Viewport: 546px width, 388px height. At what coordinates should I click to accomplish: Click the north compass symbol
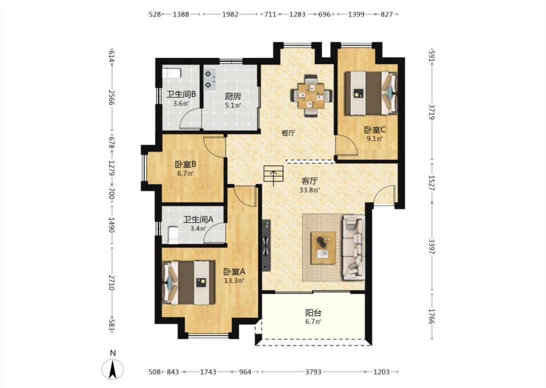point(113,369)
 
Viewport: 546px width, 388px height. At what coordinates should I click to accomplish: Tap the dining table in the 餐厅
point(311,95)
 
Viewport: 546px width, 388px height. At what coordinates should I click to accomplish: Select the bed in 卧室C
point(371,93)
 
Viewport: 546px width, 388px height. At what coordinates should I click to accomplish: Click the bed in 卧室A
point(188,283)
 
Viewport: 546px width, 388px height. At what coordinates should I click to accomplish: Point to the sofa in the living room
point(354,247)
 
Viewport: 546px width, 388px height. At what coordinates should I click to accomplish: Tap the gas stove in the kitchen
point(210,80)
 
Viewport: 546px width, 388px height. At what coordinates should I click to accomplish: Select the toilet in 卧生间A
point(173,235)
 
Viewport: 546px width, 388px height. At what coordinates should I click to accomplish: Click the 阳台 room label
point(313,313)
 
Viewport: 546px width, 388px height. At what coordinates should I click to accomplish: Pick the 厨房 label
point(232,96)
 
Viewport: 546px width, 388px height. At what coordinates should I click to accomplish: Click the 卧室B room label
point(185,164)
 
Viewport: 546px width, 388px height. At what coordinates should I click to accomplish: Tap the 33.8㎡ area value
point(310,190)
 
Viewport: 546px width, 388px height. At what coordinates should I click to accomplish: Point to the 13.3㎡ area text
point(234,281)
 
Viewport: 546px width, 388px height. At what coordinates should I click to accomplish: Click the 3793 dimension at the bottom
point(313,372)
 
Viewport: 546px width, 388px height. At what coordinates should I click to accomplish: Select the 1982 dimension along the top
point(230,14)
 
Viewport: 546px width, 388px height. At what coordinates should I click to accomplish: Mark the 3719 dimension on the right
point(432,112)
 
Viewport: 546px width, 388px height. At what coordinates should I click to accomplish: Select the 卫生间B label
point(181,94)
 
